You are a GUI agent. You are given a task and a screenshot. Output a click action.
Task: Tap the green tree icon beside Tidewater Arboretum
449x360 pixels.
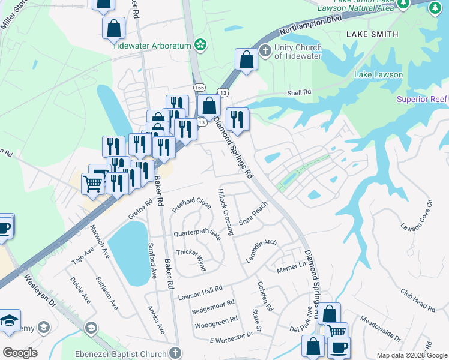(x=201, y=44)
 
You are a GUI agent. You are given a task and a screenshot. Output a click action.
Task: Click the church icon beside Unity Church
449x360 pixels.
(x=265, y=48)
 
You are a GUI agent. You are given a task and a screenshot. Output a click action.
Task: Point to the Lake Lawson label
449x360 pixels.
(x=378, y=74)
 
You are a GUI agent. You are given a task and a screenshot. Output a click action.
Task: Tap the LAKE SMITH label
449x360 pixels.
(x=372, y=34)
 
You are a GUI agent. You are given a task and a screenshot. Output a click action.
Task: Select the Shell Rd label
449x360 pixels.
(x=299, y=92)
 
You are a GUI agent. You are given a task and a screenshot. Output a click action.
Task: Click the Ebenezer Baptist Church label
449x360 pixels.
(x=120, y=354)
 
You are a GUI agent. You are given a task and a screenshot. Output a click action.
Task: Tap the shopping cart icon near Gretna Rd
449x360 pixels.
(x=92, y=184)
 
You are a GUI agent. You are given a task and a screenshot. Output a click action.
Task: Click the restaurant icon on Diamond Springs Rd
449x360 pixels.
(x=237, y=119)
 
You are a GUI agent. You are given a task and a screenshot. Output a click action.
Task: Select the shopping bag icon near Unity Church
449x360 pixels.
(x=246, y=59)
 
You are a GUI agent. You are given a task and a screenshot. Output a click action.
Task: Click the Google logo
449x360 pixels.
(x=20, y=353)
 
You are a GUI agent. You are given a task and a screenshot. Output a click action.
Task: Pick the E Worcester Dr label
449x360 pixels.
(x=231, y=340)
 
